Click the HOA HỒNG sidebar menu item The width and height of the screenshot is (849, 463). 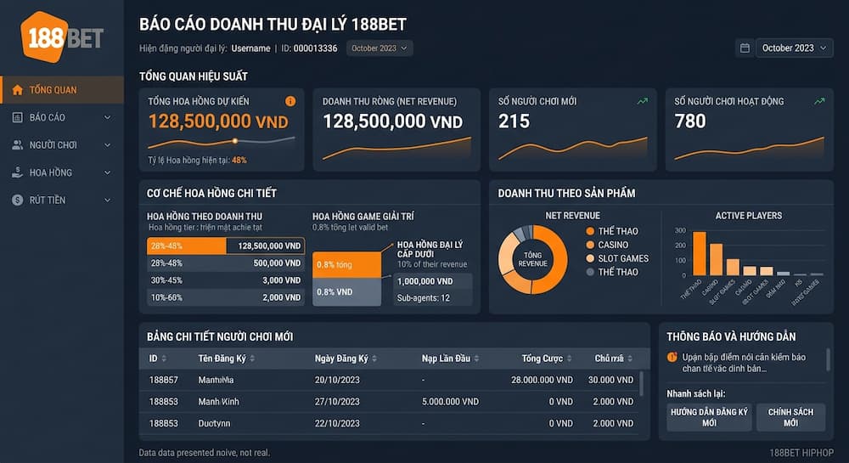click(50, 172)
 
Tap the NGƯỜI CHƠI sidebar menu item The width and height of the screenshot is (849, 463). click(53, 145)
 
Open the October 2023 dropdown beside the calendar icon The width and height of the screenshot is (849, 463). click(794, 48)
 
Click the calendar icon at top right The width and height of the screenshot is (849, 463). click(745, 48)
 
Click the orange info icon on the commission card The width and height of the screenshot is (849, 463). click(290, 101)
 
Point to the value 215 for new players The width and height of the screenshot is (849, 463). click(514, 121)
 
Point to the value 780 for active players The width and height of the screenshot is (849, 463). click(689, 121)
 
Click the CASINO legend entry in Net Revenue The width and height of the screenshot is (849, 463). click(613, 245)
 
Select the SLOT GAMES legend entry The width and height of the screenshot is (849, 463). click(622, 258)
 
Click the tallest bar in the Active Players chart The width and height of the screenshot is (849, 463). click(699, 253)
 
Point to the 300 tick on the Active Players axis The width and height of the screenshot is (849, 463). click(679, 231)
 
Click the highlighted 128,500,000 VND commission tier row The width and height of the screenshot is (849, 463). click(225, 246)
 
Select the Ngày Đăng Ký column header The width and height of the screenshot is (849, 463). click(340, 359)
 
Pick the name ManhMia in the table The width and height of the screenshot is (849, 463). click(216, 380)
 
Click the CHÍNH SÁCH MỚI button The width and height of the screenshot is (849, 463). click(790, 417)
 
